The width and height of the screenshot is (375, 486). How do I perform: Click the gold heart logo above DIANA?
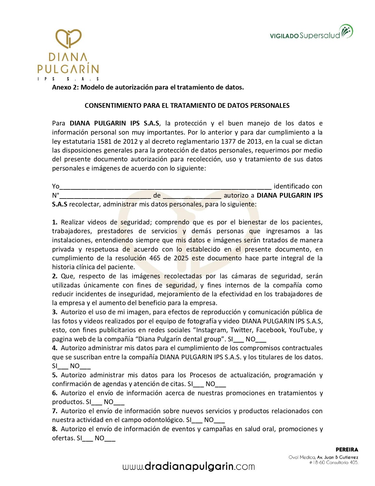click(x=69, y=38)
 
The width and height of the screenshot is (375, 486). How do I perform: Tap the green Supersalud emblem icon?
click(x=346, y=32)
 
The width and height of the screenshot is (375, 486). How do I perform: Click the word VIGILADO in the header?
click(x=284, y=36)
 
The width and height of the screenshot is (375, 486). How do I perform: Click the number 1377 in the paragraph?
click(x=228, y=141)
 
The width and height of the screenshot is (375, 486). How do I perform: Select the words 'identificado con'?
click(x=298, y=186)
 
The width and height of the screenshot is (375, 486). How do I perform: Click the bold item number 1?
click(x=55, y=222)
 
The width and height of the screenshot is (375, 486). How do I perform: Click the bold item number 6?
click(x=55, y=393)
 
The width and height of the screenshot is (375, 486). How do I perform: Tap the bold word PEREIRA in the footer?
click(x=347, y=450)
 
